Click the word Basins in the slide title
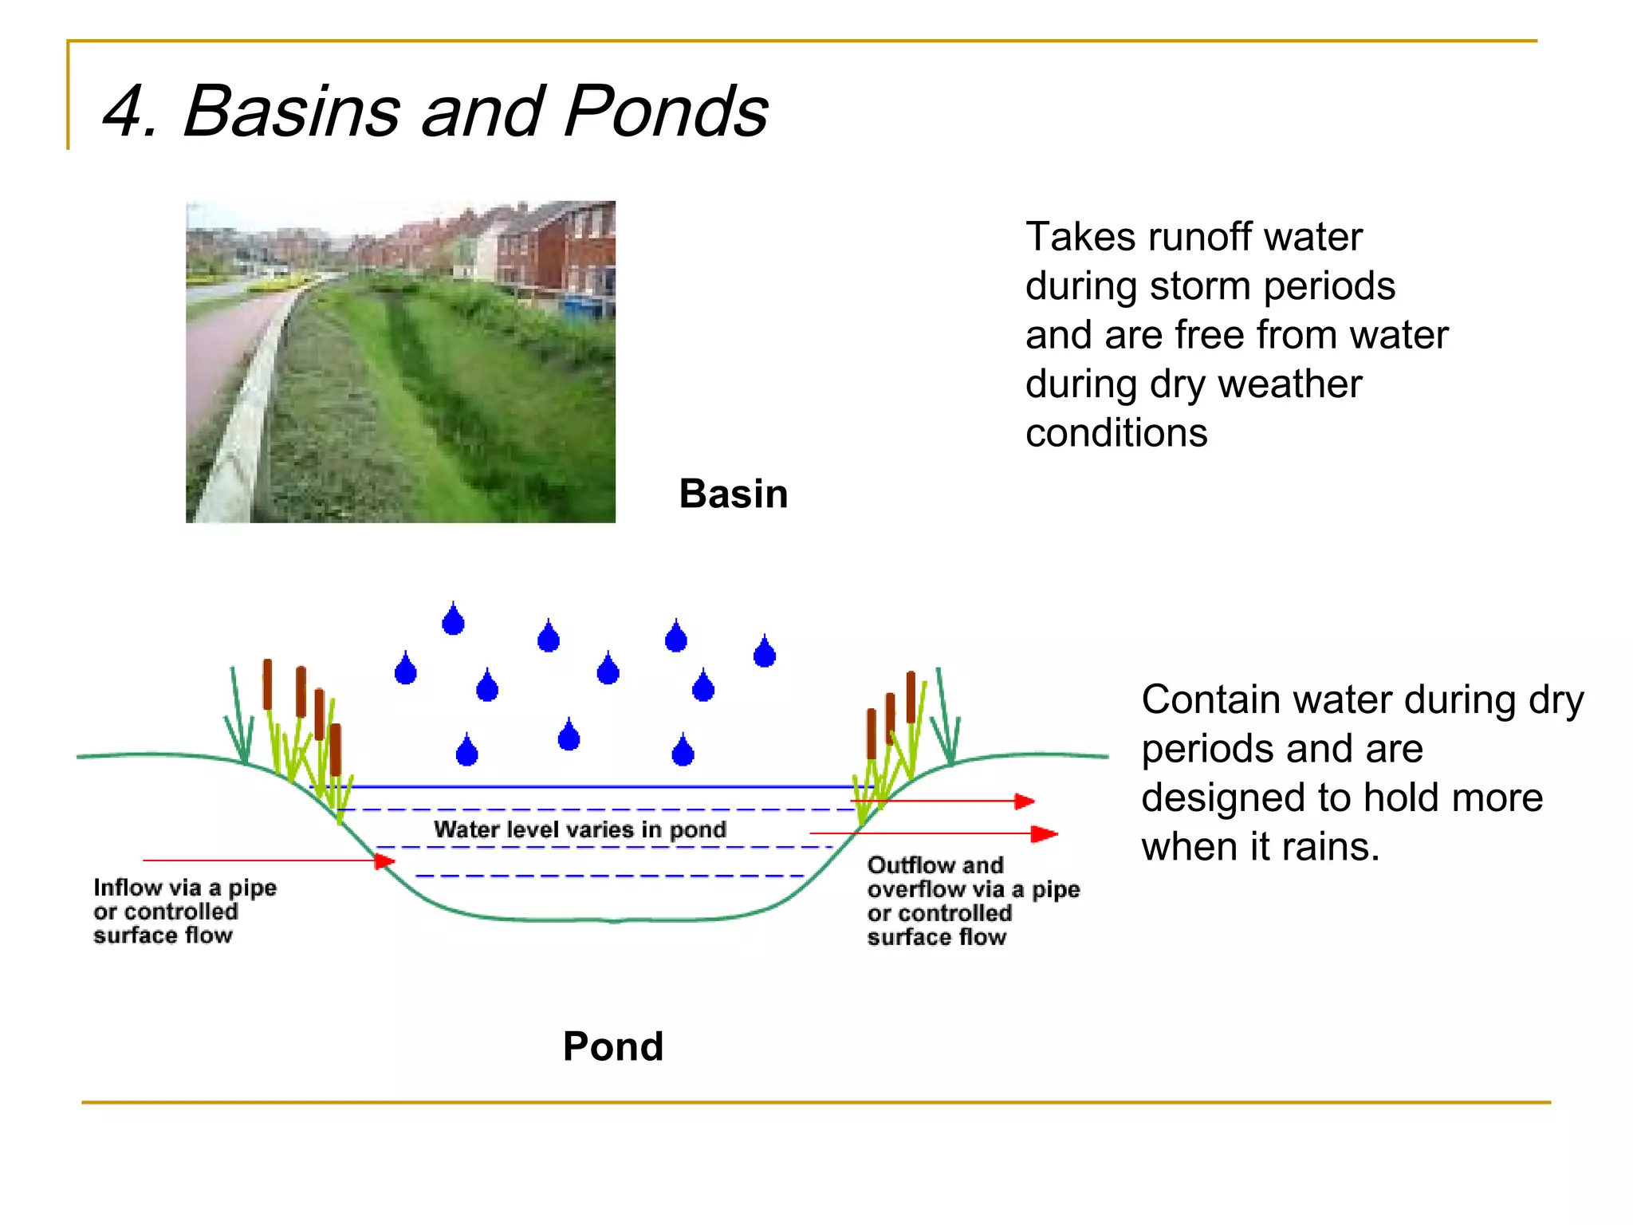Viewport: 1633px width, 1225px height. coord(290,111)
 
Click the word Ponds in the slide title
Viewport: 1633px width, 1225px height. coord(666,111)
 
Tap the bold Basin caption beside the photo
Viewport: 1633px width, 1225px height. coord(733,494)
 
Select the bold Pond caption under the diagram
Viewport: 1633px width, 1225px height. coord(612,1046)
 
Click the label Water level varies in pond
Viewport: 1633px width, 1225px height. coord(580,829)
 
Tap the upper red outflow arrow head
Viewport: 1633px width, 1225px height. coord(1025,801)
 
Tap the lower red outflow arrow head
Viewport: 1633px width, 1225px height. coord(1045,834)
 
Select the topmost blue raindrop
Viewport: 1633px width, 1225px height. coord(453,620)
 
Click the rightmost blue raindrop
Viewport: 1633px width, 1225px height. coord(764,652)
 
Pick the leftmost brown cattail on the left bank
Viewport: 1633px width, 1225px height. coord(268,683)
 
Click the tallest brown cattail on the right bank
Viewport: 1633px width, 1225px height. coord(911,696)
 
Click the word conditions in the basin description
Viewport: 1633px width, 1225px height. coord(1116,433)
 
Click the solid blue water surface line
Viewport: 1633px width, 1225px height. coord(590,786)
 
